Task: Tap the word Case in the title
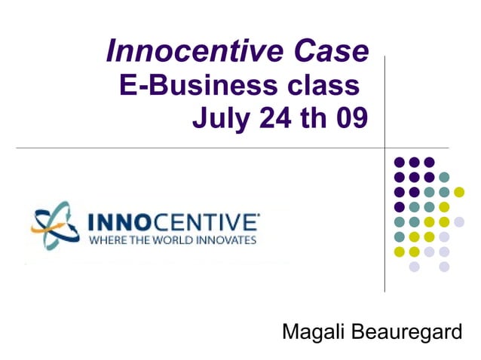point(333,51)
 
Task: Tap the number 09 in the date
point(351,118)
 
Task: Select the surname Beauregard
point(410,331)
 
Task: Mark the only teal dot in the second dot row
point(444,177)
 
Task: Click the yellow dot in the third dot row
point(459,192)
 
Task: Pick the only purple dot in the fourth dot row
point(399,206)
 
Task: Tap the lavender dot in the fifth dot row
point(459,221)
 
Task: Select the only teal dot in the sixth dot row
point(399,236)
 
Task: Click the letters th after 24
point(314,118)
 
